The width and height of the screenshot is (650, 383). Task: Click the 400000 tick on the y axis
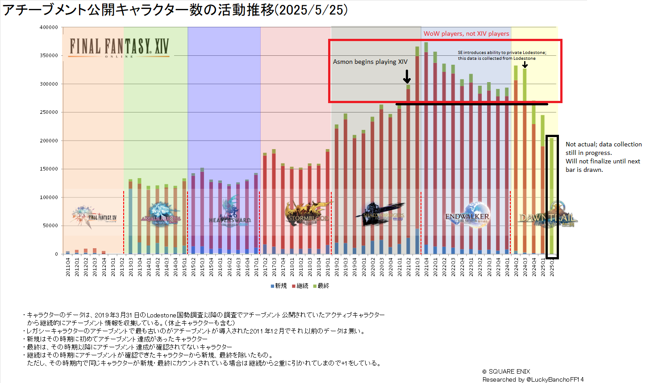(49, 27)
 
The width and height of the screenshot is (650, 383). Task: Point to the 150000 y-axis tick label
(49, 169)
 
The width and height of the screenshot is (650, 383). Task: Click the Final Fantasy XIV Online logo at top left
(119, 47)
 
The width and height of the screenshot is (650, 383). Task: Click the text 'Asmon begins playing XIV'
(370, 62)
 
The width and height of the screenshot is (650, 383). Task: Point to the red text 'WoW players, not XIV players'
(466, 33)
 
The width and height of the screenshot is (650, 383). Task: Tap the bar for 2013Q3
(130, 214)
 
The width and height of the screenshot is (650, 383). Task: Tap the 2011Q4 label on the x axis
(68, 267)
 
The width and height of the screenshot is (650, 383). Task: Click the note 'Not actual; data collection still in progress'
(603, 149)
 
